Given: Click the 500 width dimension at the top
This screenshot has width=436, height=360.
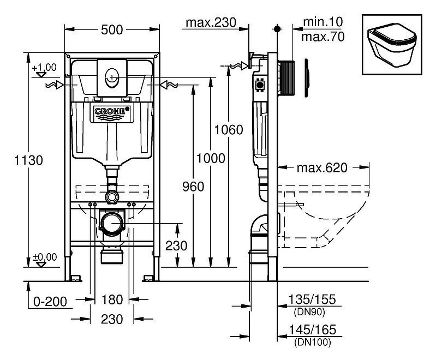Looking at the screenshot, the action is pos(112,30).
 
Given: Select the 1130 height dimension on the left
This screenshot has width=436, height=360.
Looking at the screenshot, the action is pos(28,160).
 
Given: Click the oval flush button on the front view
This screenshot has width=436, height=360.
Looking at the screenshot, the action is pos(112,78).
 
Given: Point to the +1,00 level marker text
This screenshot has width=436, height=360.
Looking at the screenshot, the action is pos(44,67).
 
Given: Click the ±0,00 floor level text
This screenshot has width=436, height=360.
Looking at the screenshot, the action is pos(45,257).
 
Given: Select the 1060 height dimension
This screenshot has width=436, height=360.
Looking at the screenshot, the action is pos(229,130).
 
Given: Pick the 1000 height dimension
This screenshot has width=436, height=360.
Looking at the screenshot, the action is pos(211,158).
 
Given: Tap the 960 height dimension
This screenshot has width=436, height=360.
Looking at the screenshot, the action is pos(193,186).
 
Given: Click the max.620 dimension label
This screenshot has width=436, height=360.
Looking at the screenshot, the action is pos(322,167).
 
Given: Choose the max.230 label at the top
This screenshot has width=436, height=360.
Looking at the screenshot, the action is pos(211,22).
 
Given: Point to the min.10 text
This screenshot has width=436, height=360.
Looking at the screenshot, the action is pos(323,22).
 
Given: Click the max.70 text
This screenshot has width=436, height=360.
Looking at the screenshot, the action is pos(323,37).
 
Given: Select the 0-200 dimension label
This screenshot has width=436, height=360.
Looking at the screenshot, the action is pos(50,302).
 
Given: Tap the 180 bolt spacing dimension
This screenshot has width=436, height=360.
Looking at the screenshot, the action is pos(112,299).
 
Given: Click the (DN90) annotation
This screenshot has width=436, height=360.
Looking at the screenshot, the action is pos(309,312).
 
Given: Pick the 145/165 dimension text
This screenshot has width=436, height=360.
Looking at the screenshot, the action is pos(312,329).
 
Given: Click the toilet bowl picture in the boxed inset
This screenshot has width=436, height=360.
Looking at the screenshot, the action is pos(392,45).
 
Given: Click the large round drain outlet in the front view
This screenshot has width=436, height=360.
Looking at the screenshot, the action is pos(112,223).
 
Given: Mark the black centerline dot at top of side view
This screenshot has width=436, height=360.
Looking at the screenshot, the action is pos(277,28).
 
